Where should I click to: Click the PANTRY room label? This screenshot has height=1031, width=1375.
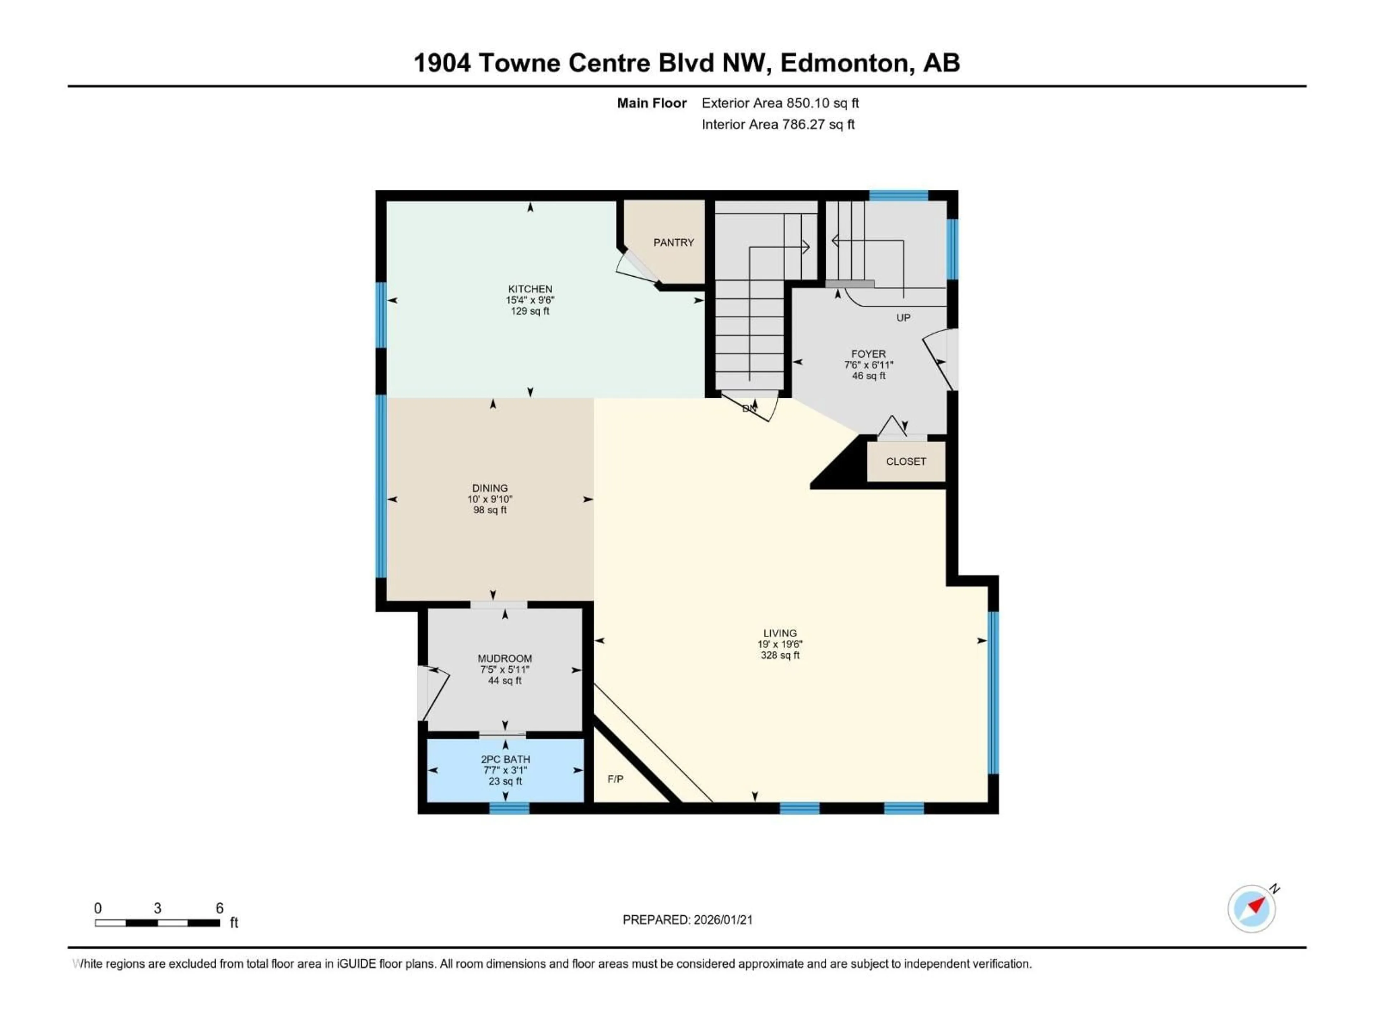point(673,242)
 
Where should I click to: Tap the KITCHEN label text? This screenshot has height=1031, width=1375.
point(530,289)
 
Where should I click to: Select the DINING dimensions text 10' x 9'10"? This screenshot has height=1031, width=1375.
point(490,499)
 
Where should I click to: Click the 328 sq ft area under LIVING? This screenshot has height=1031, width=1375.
point(780,655)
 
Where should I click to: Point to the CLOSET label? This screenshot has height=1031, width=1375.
point(906,461)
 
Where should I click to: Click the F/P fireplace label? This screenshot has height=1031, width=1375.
point(616,779)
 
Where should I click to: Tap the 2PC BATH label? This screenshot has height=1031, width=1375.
point(505,759)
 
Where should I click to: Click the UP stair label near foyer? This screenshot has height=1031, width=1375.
point(903,318)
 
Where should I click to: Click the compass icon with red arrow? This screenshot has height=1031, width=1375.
point(1251,909)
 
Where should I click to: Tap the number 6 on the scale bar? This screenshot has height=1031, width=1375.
point(219,908)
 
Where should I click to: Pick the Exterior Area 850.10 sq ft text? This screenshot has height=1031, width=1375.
point(780,103)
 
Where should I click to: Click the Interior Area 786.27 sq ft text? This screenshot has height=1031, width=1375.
point(778,124)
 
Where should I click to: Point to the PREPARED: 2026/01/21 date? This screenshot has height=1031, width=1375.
point(687,920)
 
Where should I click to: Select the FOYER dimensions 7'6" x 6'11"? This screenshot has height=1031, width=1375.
point(868,365)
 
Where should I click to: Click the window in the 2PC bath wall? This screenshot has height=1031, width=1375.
point(509,808)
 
